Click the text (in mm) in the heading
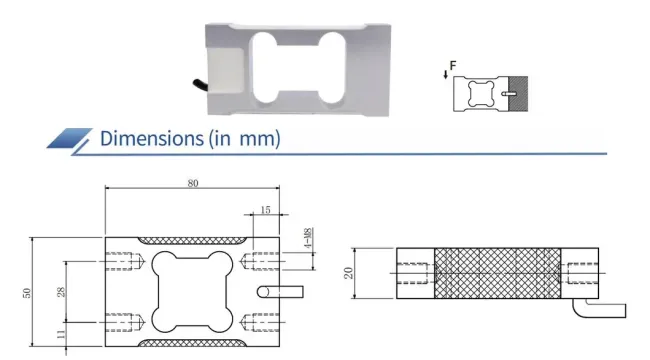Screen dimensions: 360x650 244,138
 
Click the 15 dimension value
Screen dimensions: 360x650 264,211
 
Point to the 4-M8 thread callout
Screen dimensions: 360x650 307,240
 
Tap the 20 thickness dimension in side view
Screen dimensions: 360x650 349,273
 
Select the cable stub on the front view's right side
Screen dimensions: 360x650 279,293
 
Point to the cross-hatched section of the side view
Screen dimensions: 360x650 496,273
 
